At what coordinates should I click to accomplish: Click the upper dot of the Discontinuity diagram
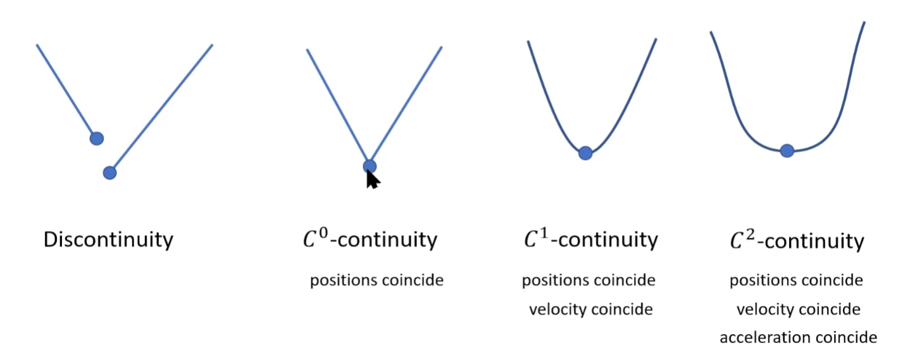[96, 138]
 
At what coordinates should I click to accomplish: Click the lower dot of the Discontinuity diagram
[109, 172]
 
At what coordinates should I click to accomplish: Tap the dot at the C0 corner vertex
[370, 166]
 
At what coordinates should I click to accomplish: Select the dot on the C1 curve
[585, 152]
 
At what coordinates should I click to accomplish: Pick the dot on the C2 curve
[787, 151]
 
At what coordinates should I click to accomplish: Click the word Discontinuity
[108, 240]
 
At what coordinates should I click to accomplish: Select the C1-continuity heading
[590, 240]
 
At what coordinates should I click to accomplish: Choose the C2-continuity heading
[797, 241]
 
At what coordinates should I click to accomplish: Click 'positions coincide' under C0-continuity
[376, 280]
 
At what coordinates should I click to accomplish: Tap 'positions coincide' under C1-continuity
[588, 280]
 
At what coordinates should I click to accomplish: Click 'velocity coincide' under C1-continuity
[590, 309]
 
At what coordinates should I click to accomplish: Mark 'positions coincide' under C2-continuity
[796, 280]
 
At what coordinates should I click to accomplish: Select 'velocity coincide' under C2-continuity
[798, 309]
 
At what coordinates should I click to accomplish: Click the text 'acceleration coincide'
[798, 337]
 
